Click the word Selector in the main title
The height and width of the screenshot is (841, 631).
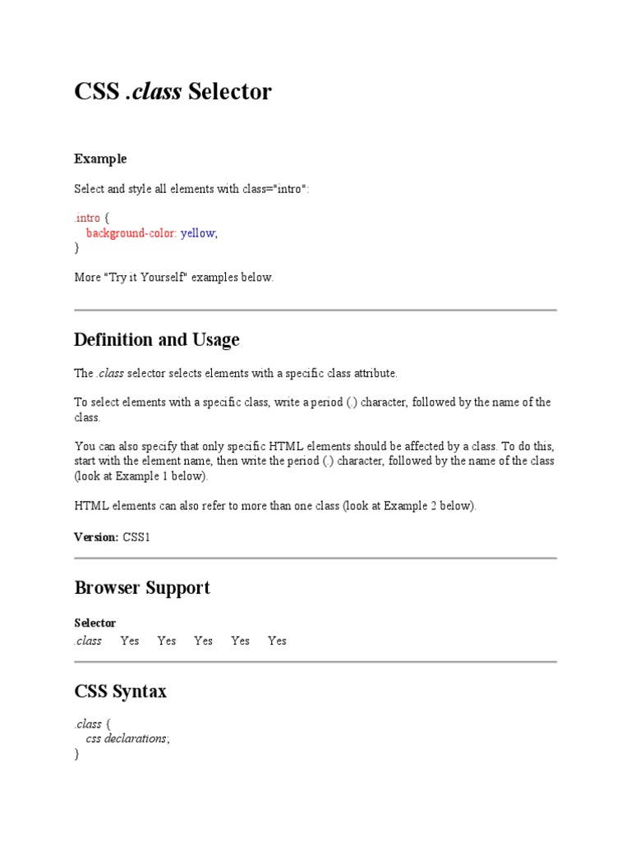[x=229, y=92]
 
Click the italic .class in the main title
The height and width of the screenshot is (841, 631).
[x=154, y=92]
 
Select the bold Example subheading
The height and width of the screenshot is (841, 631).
[x=100, y=159]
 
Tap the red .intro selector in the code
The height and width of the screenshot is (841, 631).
[x=87, y=218]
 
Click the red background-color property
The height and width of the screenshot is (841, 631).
[x=131, y=233]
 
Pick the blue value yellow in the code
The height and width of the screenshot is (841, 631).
[x=198, y=233]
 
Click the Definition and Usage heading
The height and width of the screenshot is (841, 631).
[x=157, y=340]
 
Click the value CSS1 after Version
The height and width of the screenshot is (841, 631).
[x=137, y=537]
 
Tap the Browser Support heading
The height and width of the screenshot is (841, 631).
[x=142, y=588]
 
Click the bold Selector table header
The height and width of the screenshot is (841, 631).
[x=95, y=623]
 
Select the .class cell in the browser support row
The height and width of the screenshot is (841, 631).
[x=88, y=641]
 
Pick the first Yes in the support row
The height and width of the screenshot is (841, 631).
[x=130, y=641]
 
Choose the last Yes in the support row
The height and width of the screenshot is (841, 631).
[x=278, y=641]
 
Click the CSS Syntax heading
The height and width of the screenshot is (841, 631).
[x=121, y=692]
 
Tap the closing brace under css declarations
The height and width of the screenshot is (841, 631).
[x=77, y=754]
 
